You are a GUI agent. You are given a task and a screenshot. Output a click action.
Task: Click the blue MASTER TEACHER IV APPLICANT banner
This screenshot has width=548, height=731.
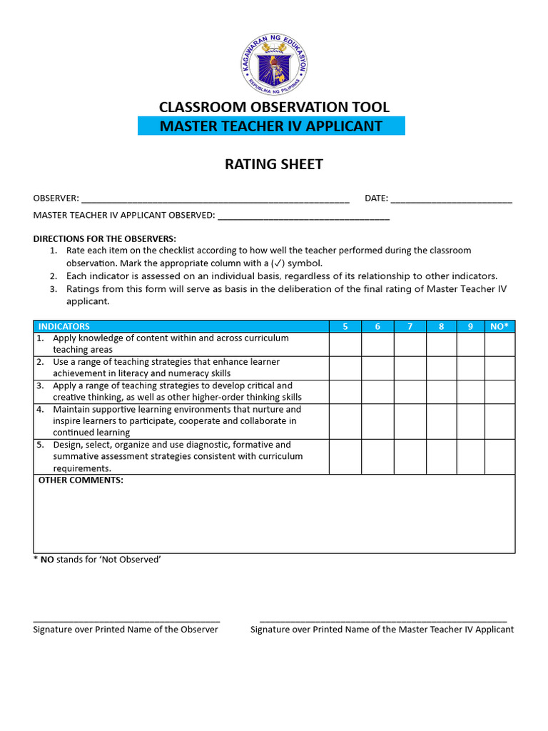(x=271, y=126)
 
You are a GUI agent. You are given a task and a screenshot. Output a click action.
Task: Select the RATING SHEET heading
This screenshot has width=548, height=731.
(x=274, y=164)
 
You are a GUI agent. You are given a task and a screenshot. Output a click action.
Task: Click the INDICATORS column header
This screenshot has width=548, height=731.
(x=64, y=326)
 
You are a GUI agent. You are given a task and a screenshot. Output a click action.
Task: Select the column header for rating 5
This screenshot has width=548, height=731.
(x=345, y=326)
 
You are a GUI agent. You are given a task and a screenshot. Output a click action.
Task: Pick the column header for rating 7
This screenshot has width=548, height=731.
(x=410, y=326)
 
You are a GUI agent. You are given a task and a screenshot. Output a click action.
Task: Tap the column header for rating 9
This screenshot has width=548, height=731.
(x=470, y=326)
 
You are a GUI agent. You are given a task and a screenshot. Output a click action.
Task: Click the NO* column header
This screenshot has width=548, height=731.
(x=499, y=326)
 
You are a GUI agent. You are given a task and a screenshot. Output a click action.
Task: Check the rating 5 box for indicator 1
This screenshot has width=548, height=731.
(x=345, y=344)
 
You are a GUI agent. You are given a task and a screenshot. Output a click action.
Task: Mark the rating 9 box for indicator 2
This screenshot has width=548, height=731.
(x=470, y=368)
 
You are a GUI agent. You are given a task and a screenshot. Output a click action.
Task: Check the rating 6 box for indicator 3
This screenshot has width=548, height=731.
(x=377, y=391)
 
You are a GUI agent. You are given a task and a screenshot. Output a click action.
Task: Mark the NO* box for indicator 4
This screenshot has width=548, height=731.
(x=499, y=421)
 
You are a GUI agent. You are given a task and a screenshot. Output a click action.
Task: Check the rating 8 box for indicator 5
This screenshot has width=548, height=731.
(x=442, y=456)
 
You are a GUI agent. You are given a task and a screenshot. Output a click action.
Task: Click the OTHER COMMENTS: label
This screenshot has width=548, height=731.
(x=81, y=480)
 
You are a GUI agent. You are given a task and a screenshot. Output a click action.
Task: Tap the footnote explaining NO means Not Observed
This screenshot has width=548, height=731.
(x=97, y=560)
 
